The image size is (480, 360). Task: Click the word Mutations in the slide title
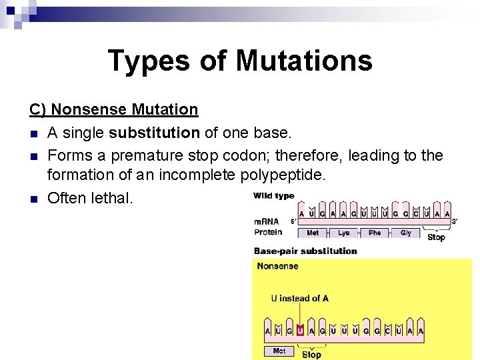coord(303,61)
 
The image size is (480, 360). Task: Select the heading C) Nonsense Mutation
coord(113,109)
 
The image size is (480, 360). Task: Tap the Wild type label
coord(273,196)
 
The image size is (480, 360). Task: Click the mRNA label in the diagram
coord(267,221)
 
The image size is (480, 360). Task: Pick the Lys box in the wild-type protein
coord(343,233)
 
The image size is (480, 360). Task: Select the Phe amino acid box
coord(375,233)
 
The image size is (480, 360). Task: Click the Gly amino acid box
coord(405,233)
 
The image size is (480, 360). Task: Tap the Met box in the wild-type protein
coord(312,233)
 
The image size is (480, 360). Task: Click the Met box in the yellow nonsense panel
coord(279,351)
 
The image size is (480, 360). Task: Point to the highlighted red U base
coord(300,331)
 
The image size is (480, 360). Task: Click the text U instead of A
coord(299,298)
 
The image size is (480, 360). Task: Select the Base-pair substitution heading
coord(305,251)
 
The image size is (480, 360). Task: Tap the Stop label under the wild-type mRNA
coord(436,237)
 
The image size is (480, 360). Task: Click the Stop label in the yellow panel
coord(311,355)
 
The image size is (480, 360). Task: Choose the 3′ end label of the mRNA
coord(455,221)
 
